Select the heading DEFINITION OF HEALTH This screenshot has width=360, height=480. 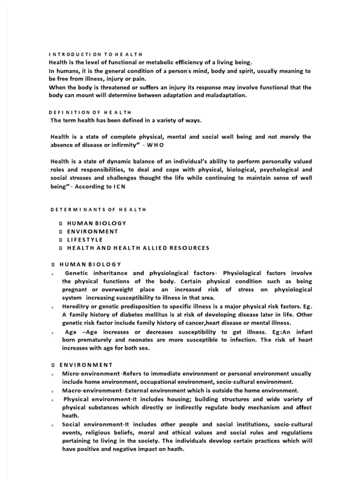90,112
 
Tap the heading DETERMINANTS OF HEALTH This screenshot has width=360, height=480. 97,210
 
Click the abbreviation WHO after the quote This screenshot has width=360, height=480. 154,144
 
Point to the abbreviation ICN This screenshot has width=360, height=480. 120,186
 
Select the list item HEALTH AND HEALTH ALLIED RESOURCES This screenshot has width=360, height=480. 138,247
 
